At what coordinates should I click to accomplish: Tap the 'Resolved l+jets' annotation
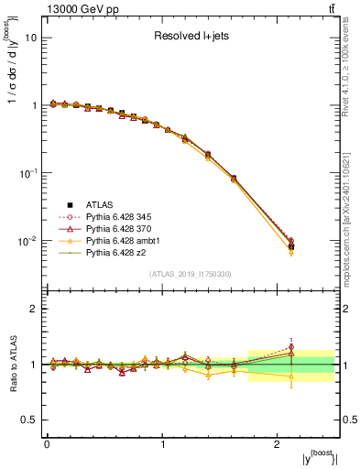coord(190,38)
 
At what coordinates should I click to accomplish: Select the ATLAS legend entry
coord(101,204)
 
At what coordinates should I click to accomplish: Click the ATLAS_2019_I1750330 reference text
coord(190,274)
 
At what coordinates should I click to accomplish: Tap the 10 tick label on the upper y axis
coord(31,38)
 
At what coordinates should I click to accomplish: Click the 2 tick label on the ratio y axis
coord(34,309)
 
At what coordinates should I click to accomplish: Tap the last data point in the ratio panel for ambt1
coord(290,376)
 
